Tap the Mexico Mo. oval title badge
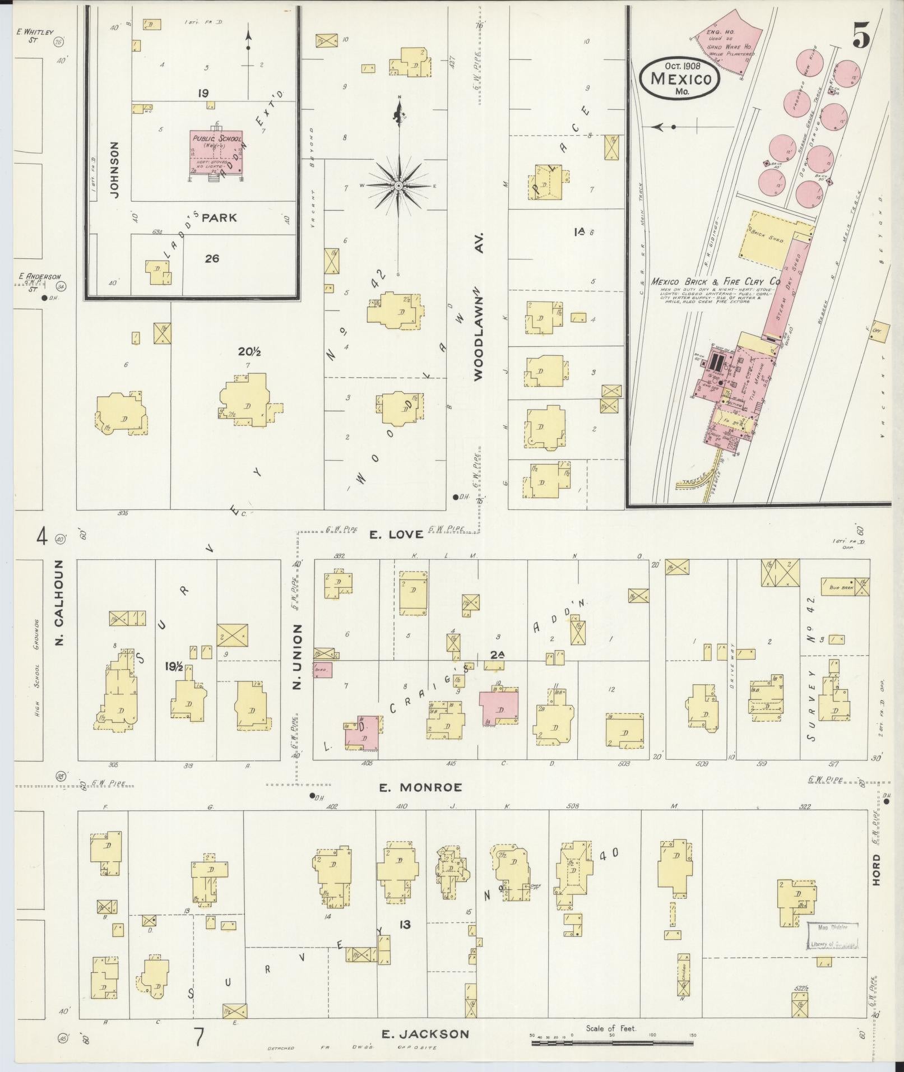coord(680,78)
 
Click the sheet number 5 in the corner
coord(861,38)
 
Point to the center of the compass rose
coord(398,185)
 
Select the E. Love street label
coord(396,534)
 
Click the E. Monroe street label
coord(420,787)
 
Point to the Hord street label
coord(876,885)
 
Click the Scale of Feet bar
coord(613,1043)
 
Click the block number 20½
coord(249,352)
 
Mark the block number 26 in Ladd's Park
coord(212,258)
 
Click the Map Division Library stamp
coord(833,936)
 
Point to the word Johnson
coord(115,169)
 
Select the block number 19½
coord(174,666)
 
